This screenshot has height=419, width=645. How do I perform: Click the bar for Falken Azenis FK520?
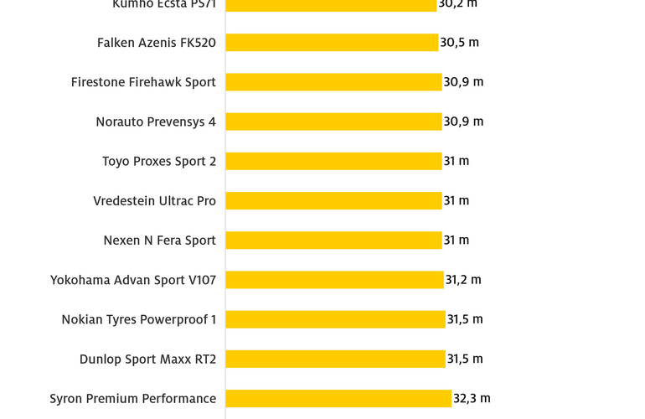coord(332,43)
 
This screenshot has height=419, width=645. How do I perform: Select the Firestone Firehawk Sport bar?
coord(333,82)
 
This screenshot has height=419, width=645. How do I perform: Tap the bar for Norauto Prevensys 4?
coord(333,122)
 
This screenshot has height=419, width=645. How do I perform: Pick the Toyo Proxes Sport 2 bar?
coord(333,161)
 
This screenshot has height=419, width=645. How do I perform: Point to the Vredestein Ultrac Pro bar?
coord(333,200)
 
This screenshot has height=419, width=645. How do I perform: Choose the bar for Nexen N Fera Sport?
coord(333,241)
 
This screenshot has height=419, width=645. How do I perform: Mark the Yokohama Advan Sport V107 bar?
coord(334,280)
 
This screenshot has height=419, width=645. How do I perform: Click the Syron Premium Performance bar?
coord(338,399)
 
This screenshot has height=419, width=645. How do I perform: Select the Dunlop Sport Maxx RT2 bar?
coord(335,359)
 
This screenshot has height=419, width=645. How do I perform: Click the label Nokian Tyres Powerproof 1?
coord(138,319)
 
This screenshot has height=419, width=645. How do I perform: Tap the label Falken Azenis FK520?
coord(157,43)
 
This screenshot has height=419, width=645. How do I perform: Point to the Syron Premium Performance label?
coord(132,399)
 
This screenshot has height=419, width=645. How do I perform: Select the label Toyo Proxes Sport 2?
coord(159,161)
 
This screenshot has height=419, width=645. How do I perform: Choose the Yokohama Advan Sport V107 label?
coord(133,280)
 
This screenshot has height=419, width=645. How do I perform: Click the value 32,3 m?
coord(472,399)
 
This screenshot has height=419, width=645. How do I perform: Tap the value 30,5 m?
coord(460,43)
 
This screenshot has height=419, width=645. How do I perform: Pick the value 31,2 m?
coord(463,280)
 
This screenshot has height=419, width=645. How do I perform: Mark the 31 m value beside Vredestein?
coord(457,200)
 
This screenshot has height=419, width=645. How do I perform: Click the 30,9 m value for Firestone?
coord(463,82)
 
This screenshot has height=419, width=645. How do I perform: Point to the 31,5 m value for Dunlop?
coord(465,359)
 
